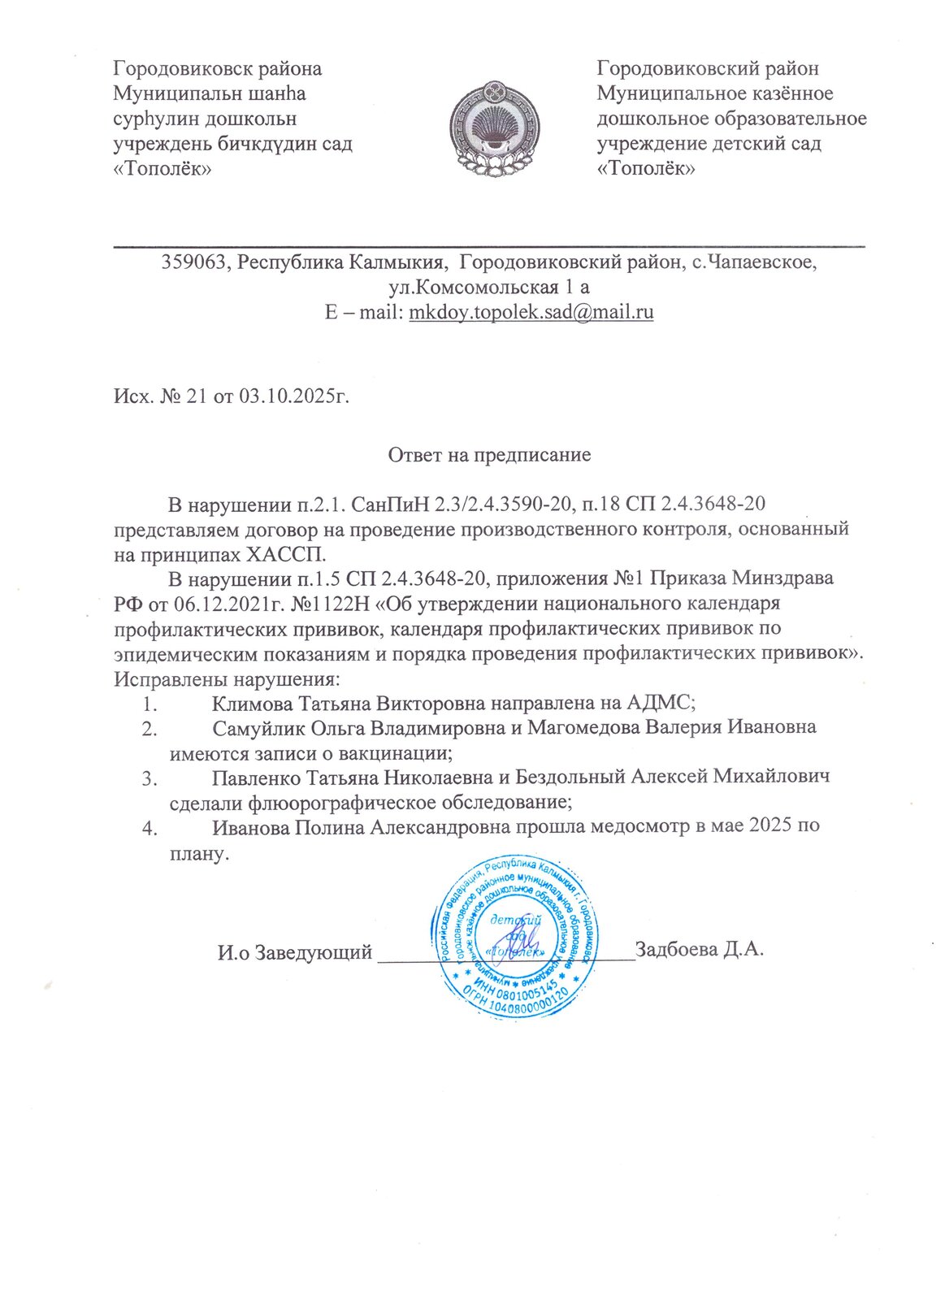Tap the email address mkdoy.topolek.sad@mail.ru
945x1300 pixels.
531,313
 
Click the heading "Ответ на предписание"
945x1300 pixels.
489,455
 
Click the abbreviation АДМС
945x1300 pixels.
658,702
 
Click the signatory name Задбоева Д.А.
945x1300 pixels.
700,950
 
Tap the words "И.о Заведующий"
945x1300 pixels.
294,951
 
